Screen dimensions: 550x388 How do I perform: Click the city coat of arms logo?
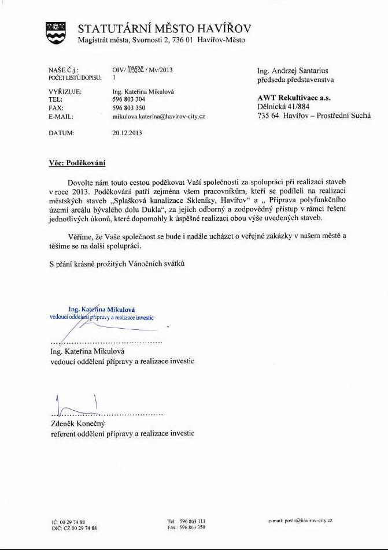tap(56, 32)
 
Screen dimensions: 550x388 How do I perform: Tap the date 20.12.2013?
tap(127, 132)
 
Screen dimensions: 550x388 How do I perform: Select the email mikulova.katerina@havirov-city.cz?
tap(159, 116)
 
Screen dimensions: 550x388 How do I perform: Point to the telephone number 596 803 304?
tap(129, 99)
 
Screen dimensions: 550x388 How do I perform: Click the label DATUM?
tap(62, 132)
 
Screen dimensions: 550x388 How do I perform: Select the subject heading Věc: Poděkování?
tap(77, 163)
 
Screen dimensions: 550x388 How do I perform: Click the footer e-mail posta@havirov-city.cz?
tap(300, 521)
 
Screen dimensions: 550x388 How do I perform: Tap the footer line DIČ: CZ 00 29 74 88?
tap(74, 528)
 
